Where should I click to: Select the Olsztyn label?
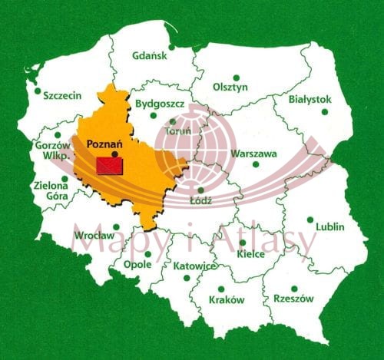tap(230, 88)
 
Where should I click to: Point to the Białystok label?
tap(310, 100)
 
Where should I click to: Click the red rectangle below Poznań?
tap(110, 165)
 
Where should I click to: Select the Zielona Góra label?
tap(51, 190)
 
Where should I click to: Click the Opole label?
tap(137, 265)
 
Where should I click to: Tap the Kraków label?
tap(227, 300)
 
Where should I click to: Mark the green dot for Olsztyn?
tap(236, 78)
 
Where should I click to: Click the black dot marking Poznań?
tap(114, 154)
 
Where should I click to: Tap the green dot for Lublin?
tap(310, 220)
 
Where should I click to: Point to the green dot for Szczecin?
tap(38, 91)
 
